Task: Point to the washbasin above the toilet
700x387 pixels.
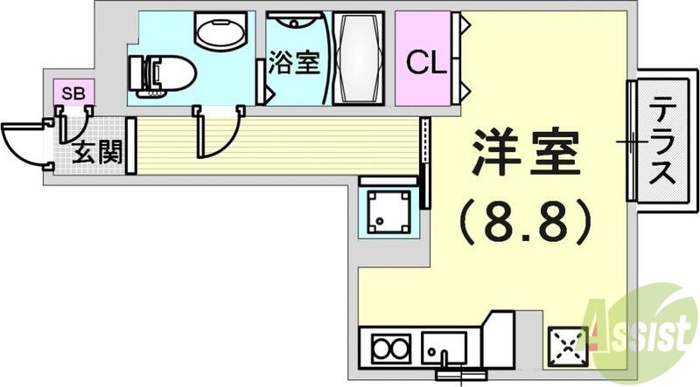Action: pyautogui.click(x=220, y=33)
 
